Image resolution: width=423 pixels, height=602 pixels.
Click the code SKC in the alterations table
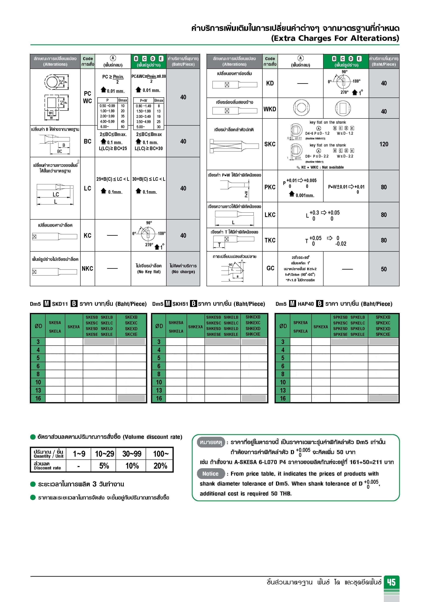(x=270, y=144)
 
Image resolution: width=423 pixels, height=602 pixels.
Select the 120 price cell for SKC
(x=384, y=144)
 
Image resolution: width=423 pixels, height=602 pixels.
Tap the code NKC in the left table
(x=87, y=269)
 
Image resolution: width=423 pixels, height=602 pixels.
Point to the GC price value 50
(x=384, y=269)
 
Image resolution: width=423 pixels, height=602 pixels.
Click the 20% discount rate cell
(x=160, y=466)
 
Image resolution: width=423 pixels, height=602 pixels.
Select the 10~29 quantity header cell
(x=104, y=454)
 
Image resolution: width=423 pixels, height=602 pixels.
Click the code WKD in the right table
(x=270, y=109)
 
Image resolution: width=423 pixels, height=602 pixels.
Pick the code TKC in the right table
(x=270, y=240)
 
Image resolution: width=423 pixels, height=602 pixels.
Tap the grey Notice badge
(x=211, y=474)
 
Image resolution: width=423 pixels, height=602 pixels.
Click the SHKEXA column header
(x=195, y=327)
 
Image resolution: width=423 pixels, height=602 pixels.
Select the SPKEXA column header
(x=321, y=327)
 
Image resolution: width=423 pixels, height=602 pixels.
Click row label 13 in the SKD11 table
(x=38, y=390)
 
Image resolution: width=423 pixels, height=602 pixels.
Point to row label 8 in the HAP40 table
(x=283, y=374)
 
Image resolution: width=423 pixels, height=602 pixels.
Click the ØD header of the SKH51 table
(x=159, y=326)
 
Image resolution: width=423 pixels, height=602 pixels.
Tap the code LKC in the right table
(x=270, y=215)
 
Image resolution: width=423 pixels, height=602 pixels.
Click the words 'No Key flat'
(x=149, y=272)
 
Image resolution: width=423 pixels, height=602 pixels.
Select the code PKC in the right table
(x=270, y=187)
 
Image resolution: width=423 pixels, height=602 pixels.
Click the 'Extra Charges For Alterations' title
(x=335, y=38)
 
